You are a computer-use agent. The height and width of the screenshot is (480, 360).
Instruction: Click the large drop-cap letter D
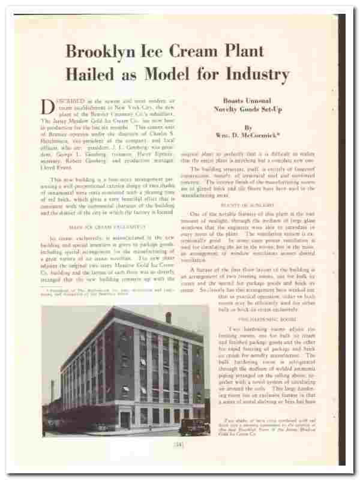(x=49, y=107)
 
